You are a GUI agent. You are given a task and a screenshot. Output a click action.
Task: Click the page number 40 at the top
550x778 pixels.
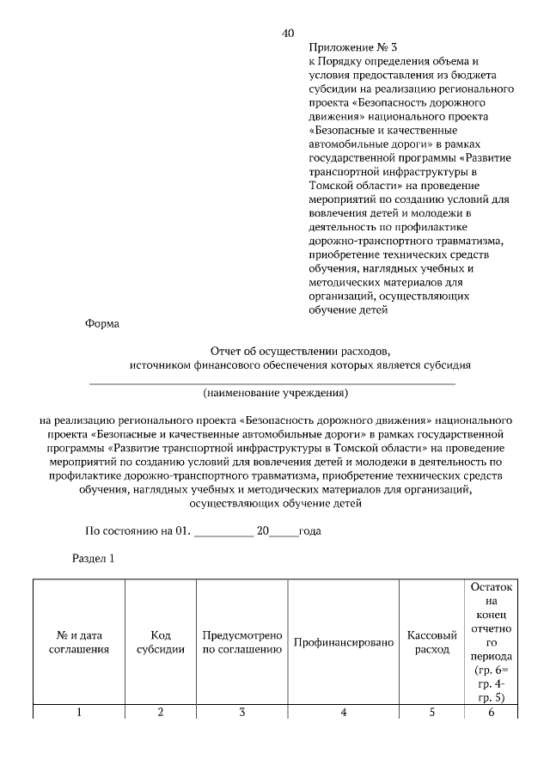click(288, 34)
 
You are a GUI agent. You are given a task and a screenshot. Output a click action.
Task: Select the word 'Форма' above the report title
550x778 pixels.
click(102, 324)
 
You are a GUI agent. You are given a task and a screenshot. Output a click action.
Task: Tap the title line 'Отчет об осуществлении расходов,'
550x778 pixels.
click(300, 351)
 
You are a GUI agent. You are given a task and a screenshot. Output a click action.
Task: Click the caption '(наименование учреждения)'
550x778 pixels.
click(275, 393)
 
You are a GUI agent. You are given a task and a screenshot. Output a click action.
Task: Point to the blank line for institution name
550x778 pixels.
click(272, 381)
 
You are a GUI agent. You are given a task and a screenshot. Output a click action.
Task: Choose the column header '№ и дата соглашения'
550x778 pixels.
click(79, 642)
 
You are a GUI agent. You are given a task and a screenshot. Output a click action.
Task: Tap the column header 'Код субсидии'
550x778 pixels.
click(161, 642)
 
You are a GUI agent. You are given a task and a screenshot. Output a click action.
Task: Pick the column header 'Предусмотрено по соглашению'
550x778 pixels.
click(242, 642)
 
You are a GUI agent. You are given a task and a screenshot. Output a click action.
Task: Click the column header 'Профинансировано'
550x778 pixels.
click(343, 642)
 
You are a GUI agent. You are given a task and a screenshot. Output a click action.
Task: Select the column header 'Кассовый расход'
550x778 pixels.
click(431, 642)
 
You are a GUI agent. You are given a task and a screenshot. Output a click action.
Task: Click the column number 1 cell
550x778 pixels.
click(79, 712)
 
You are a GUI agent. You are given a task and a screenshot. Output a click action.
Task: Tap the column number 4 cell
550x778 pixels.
click(343, 712)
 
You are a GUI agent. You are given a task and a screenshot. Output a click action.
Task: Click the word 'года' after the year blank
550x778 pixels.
click(309, 531)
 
